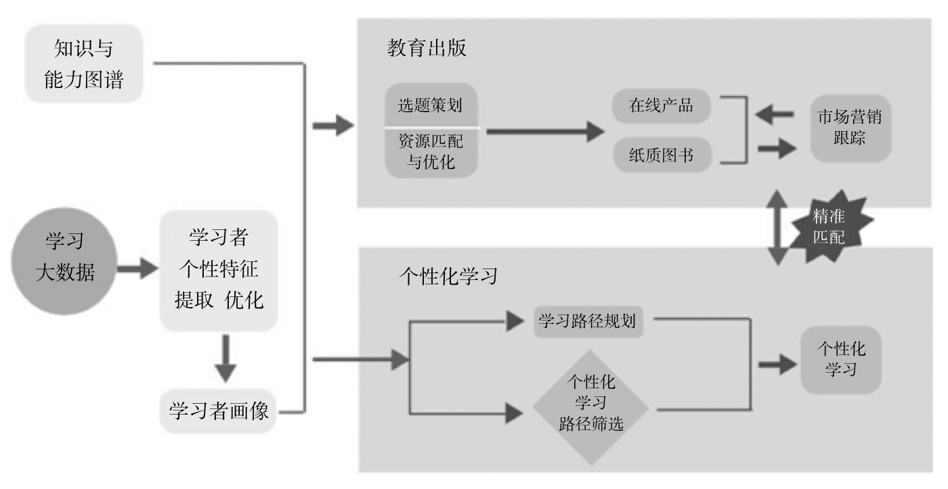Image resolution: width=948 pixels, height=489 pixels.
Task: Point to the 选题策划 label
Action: tap(432, 106)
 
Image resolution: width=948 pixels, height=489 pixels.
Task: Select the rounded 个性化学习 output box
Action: tap(841, 360)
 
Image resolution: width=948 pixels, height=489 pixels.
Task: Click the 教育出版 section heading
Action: tap(427, 49)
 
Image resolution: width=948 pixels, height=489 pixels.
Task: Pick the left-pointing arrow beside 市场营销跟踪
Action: tap(774, 114)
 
